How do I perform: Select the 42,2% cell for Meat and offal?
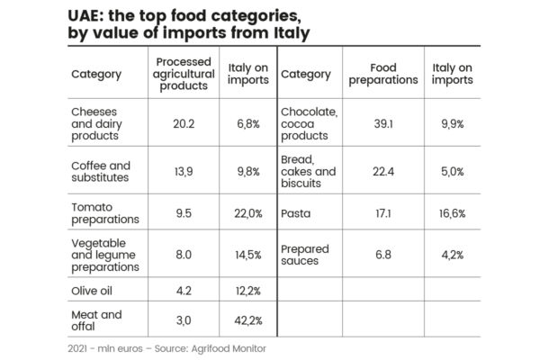click(247, 319)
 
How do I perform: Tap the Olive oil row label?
click(93, 290)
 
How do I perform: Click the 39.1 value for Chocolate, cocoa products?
click(395, 123)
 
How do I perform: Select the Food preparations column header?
click(394, 74)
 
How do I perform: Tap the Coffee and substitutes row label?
click(101, 171)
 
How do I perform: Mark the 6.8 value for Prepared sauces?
click(395, 255)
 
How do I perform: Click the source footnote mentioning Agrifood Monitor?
click(166, 347)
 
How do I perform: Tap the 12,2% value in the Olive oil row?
click(247, 290)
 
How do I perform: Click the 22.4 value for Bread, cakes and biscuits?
click(395, 171)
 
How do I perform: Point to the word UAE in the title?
click(86, 15)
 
